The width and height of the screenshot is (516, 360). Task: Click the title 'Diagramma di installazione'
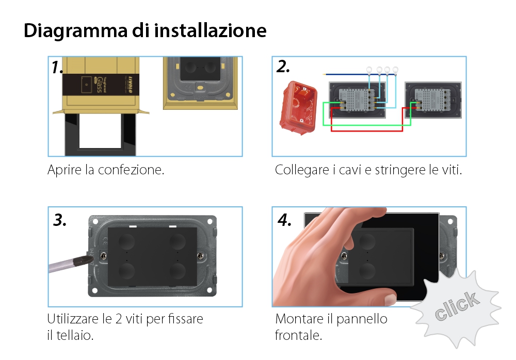point(145,31)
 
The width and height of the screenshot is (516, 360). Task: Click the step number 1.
point(58,68)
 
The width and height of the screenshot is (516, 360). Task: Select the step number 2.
point(283,67)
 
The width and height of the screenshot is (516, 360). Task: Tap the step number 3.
point(60,220)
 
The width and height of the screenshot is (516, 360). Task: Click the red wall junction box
point(297,107)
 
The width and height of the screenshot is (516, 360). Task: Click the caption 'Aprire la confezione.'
point(106,170)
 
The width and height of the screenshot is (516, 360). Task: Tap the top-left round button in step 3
point(125,241)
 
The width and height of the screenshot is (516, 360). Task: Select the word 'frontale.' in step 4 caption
point(298,335)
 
